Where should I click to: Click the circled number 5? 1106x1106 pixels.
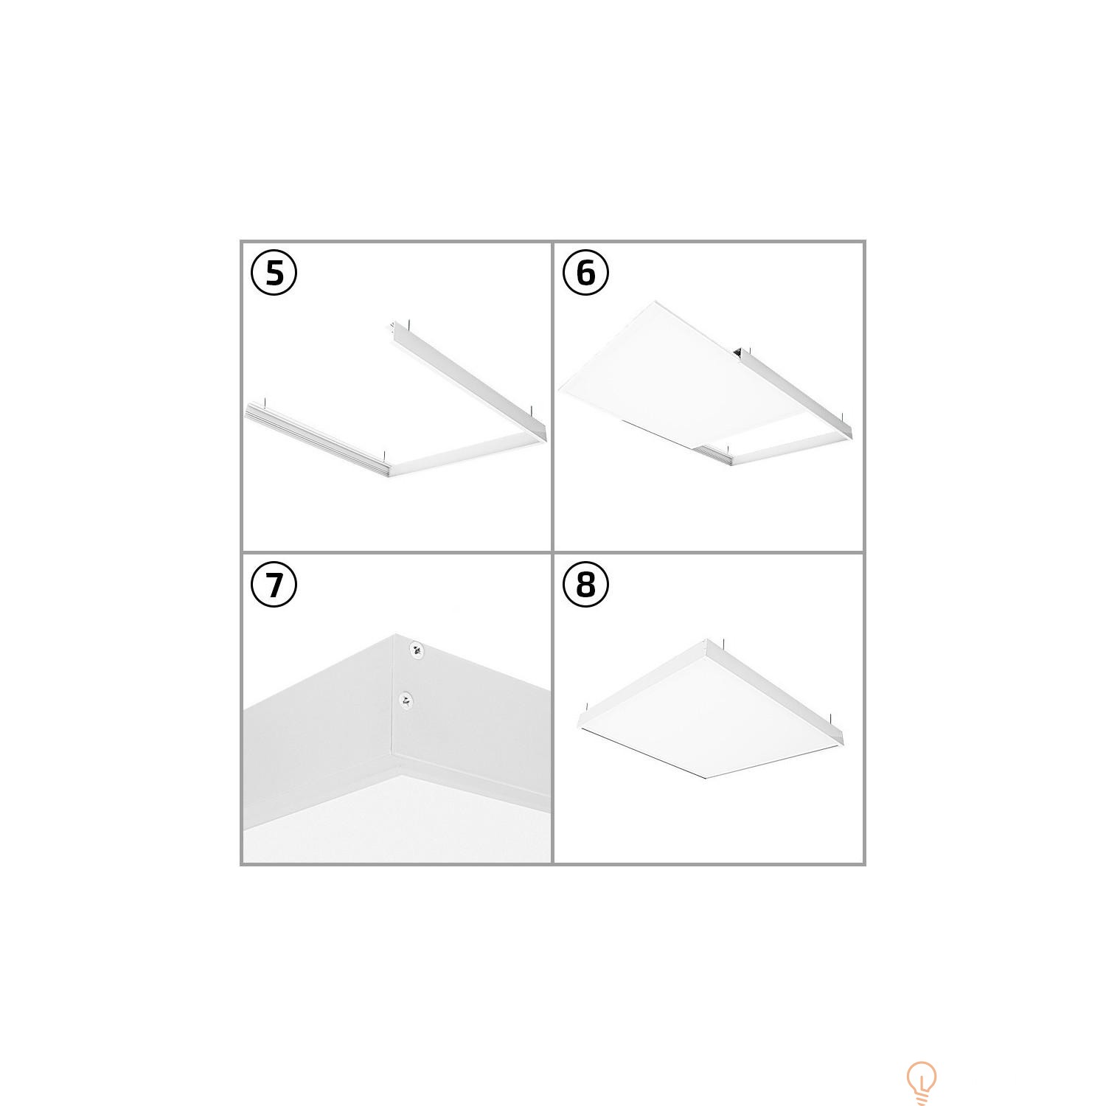(274, 273)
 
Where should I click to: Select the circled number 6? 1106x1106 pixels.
(585, 273)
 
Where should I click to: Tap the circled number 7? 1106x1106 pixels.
(274, 585)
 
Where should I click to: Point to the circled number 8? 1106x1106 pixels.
(585, 585)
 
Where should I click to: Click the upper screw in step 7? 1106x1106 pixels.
(417, 650)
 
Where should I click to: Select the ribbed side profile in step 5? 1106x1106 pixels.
(317, 438)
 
